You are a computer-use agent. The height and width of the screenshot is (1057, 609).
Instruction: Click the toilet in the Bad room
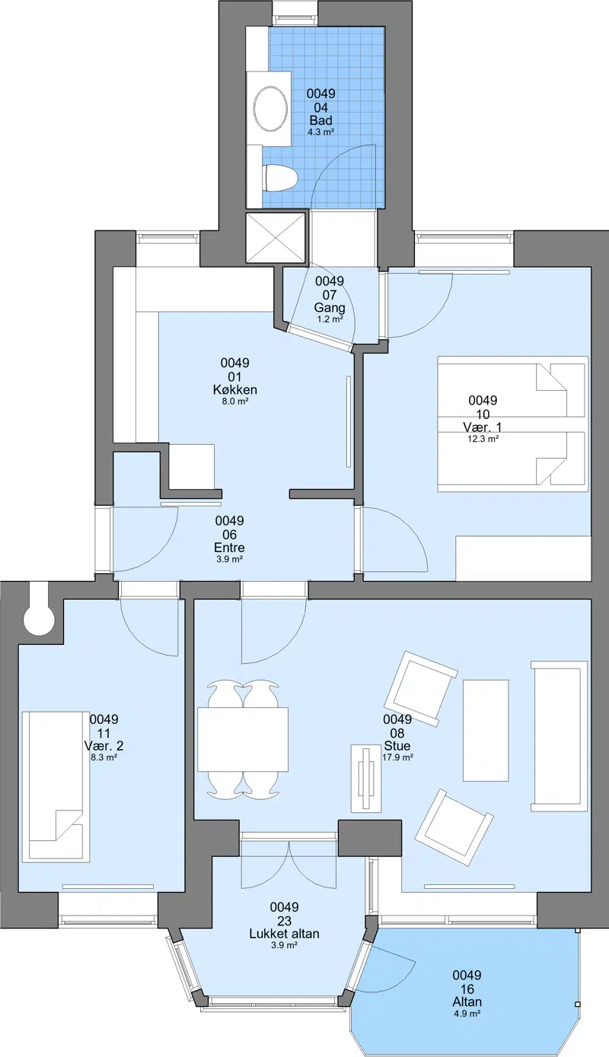coord(281,179)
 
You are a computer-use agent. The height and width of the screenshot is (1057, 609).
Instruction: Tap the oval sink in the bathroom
coord(270,109)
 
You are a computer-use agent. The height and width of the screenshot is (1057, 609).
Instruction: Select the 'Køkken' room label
coord(234,390)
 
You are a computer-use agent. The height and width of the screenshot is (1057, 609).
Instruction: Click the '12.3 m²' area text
coord(483,439)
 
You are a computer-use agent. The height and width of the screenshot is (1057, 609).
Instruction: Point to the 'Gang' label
coord(330,308)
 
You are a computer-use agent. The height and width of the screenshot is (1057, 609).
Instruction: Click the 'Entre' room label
coord(229,548)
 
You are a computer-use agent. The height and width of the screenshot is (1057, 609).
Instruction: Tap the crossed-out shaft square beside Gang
coord(276,237)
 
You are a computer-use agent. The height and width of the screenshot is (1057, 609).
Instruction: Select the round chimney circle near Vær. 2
coord(40,620)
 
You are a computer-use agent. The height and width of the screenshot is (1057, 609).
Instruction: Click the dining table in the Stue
coord(243,739)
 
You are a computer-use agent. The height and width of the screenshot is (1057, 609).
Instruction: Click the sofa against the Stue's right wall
coord(559,735)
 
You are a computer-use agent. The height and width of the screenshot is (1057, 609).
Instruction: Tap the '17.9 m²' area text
coord(397,757)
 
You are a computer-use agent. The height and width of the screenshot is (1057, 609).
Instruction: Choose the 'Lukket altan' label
coord(284,933)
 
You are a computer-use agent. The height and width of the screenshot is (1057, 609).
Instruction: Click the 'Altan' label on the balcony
coord(467,1001)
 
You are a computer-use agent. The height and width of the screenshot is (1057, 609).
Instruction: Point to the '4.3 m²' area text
coord(320,132)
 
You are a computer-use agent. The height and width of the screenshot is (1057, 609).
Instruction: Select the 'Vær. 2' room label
coord(104,745)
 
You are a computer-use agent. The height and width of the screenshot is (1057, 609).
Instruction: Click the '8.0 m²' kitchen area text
coord(234,402)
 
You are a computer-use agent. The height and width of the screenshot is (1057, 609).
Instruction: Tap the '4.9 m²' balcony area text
coord(467,1014)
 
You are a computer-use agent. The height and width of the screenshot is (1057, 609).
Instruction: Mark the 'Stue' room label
coord(397,745)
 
